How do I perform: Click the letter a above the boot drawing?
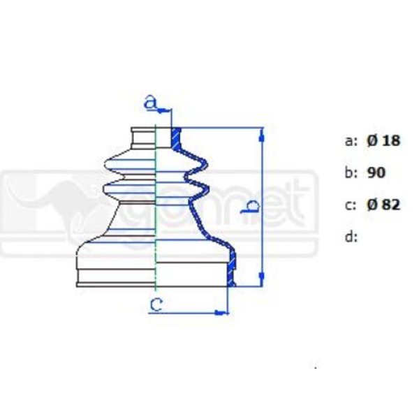(x=149, y=102)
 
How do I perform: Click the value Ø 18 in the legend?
(x=383, y=140)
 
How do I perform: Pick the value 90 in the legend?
(x=376, y=172)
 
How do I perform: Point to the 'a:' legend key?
(x=351, y=140)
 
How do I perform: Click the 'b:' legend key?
(x=351, y=172)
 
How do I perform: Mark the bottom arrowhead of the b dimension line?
(x=262, y=281)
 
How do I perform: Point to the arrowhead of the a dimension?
(x=167, y=110)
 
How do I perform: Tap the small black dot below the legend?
(x=316, y=366)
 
